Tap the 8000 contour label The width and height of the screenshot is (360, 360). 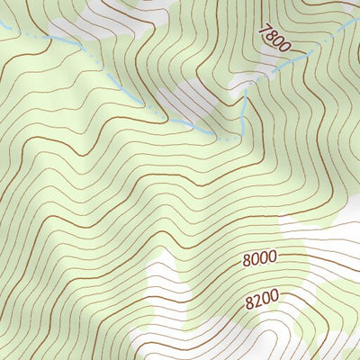tap(260, 259)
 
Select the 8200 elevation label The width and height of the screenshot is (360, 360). tap(262, 295)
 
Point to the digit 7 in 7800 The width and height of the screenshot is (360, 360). tap(263, 31)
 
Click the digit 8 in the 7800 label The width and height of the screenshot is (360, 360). tap(269, 37)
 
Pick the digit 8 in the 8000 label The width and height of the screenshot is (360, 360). tap(247, 260)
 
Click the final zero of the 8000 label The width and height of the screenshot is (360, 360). tap(273, 258)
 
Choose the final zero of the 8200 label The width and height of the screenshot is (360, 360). tap(274, 293)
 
